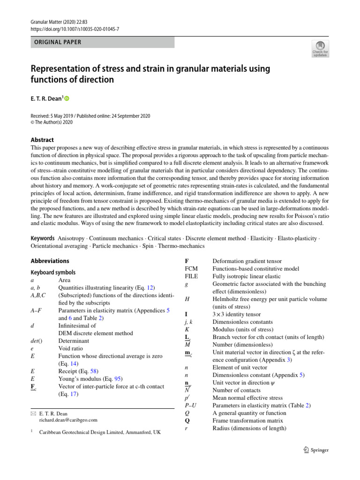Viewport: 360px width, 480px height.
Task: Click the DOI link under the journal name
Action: (x=75, y=29)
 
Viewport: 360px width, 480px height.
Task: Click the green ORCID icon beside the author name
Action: (x=66, y=98)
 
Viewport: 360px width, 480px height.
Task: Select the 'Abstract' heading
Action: (x=42, y=140)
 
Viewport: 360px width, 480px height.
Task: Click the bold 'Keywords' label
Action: (x=43, y=239)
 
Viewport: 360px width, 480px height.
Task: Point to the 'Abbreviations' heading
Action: (x=50, y=261)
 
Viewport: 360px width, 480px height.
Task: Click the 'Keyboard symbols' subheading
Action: (x=53, y=272)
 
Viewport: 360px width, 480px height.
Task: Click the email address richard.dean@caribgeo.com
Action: (x=68, y=420)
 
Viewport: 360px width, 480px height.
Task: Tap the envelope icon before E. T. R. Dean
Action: (x=33, y=413)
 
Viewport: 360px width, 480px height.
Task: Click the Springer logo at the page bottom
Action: (x=314, y=450)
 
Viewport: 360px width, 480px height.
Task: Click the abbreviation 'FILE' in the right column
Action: (x=192, y=277)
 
